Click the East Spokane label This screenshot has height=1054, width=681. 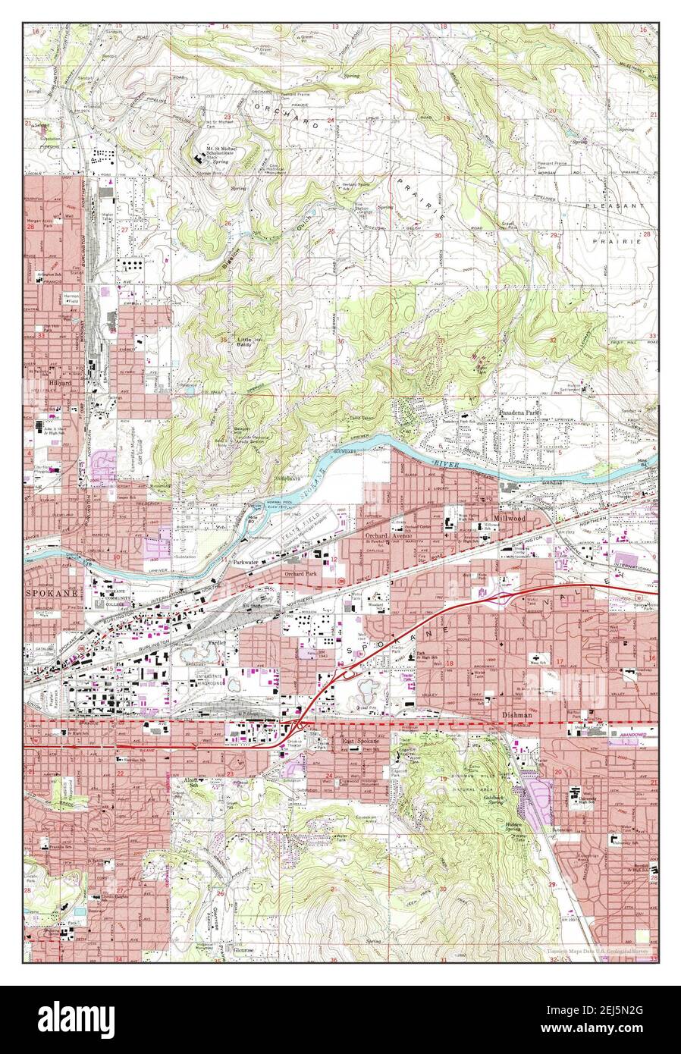click(x=359, y=741)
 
